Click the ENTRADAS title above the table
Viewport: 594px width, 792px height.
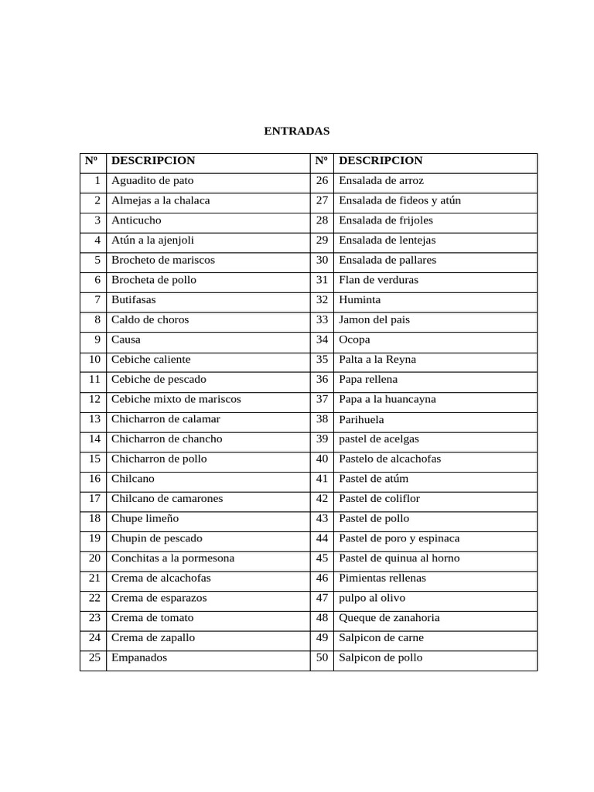[297, 131]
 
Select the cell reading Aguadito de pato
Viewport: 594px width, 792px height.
[152, 181]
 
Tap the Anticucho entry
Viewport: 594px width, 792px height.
[136, 220]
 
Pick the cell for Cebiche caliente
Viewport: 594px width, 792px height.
[151, 360]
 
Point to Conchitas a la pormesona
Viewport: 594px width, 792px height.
[172, 558]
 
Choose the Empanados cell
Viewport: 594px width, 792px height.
[139, 658]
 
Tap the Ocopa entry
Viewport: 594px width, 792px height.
[354, 340]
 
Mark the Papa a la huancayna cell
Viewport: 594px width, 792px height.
[387, 400]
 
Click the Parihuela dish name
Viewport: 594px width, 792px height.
[361, 420]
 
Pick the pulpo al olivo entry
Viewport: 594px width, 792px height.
[372, 599]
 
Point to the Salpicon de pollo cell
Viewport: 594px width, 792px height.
[381, 658]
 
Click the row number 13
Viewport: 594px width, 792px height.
[95, 419]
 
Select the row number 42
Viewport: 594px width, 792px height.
[323, 499]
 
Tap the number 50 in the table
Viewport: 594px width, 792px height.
[323, 658]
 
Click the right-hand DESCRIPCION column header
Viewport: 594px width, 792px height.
[381, 161]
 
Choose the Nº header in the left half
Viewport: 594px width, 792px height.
[92, 161]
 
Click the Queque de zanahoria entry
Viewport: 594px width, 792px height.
[389, 619]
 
